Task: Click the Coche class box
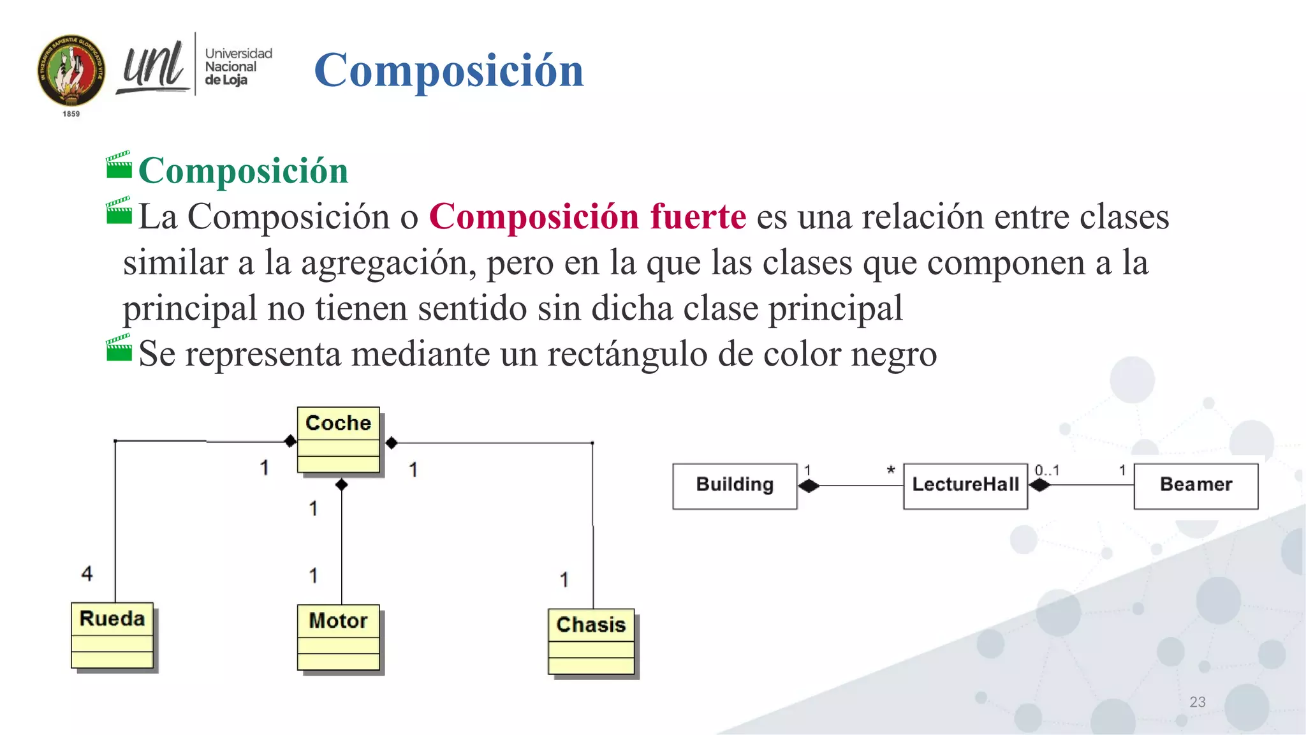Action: (x=338, y=440)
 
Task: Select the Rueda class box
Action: (x=112, y=635)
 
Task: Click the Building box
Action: (x=735, y=486)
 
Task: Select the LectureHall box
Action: (x=965, y=486)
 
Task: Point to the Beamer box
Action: (x=1196, y=486)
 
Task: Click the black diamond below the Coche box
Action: (x=342, y=485)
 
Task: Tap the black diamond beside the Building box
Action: (x=809, y=486)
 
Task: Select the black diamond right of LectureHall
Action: (x=1039, y=486)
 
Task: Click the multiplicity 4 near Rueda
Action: (x=87, y=573)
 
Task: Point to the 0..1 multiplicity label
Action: (x=1046, y=471)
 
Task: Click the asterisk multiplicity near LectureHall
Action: (x=891, y=471)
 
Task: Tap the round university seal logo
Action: (x=71, y=70)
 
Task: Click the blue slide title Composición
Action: (x=448, y=70)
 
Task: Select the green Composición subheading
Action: (x=243, y=170)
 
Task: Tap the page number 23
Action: (x=1197, y=702)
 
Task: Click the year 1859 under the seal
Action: (x=71, y=114)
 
